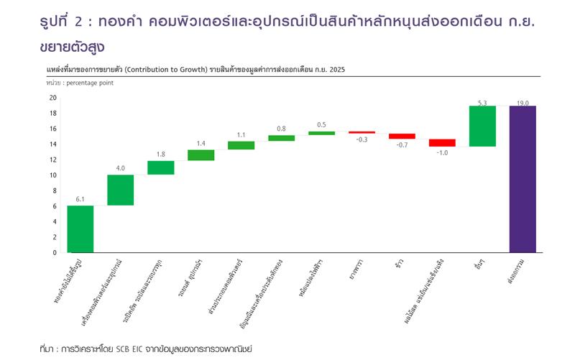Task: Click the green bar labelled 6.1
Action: pyautogui.click(x=80, y=229)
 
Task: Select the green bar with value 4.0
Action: pyautogui.click(x=121, y=190)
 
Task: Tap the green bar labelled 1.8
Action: pyautogui.click(x=161, y=167)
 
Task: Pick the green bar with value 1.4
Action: pyautogui.click(x=201, y=154)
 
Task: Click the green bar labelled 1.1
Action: pyautogui.click(x=241, y=145)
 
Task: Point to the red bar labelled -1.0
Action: pyautogui.click(x=442, y=142)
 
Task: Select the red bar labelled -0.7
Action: pyautogui.click(x=402, y=136)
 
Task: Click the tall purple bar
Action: pyautogui.click(x=523, y=179)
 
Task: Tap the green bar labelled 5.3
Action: pyautogui.click(x=482, y=126)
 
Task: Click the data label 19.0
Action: pyautogui.click(x=523, y=103)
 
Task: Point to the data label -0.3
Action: pyautogui.click(x=362, y=139)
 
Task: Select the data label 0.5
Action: pyautogui.click(x=321, y=124)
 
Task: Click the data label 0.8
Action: pyautogui.click(x=281, y=129)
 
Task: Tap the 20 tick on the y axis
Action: pyautogui.click(x=53, y=98)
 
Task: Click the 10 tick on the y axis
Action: pyautogui.click(x=53, y=175)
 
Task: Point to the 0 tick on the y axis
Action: pyautogui.click(x=55, y=252)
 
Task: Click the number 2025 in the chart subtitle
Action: pyautogui.click(x=336, y=69)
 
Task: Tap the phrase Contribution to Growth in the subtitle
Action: pyautogui.click(x=175, y=69)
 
